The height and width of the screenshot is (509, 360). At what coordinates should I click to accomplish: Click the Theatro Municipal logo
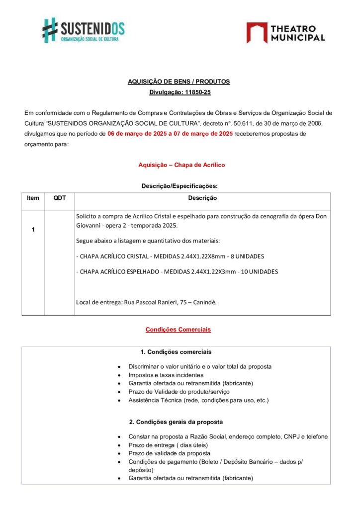click(x=285, y=32)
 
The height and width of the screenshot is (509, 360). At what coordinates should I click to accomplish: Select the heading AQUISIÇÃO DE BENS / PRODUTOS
click(x=179, y=82)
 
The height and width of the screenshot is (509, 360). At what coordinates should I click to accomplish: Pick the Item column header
click(x=33, y=198)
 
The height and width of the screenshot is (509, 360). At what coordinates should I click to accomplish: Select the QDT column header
click(x=60, y=198)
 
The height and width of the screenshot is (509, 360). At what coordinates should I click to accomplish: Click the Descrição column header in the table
click(x=202, y=198)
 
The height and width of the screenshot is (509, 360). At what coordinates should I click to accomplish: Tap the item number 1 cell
click(x=33, y=230)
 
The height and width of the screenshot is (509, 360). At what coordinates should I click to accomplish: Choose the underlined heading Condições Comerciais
click(x=178, y=329)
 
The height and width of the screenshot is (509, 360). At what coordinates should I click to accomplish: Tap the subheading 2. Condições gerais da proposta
click(x=176, y=422)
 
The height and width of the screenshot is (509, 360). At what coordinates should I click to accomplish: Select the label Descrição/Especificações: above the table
click(x=179, y=186)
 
